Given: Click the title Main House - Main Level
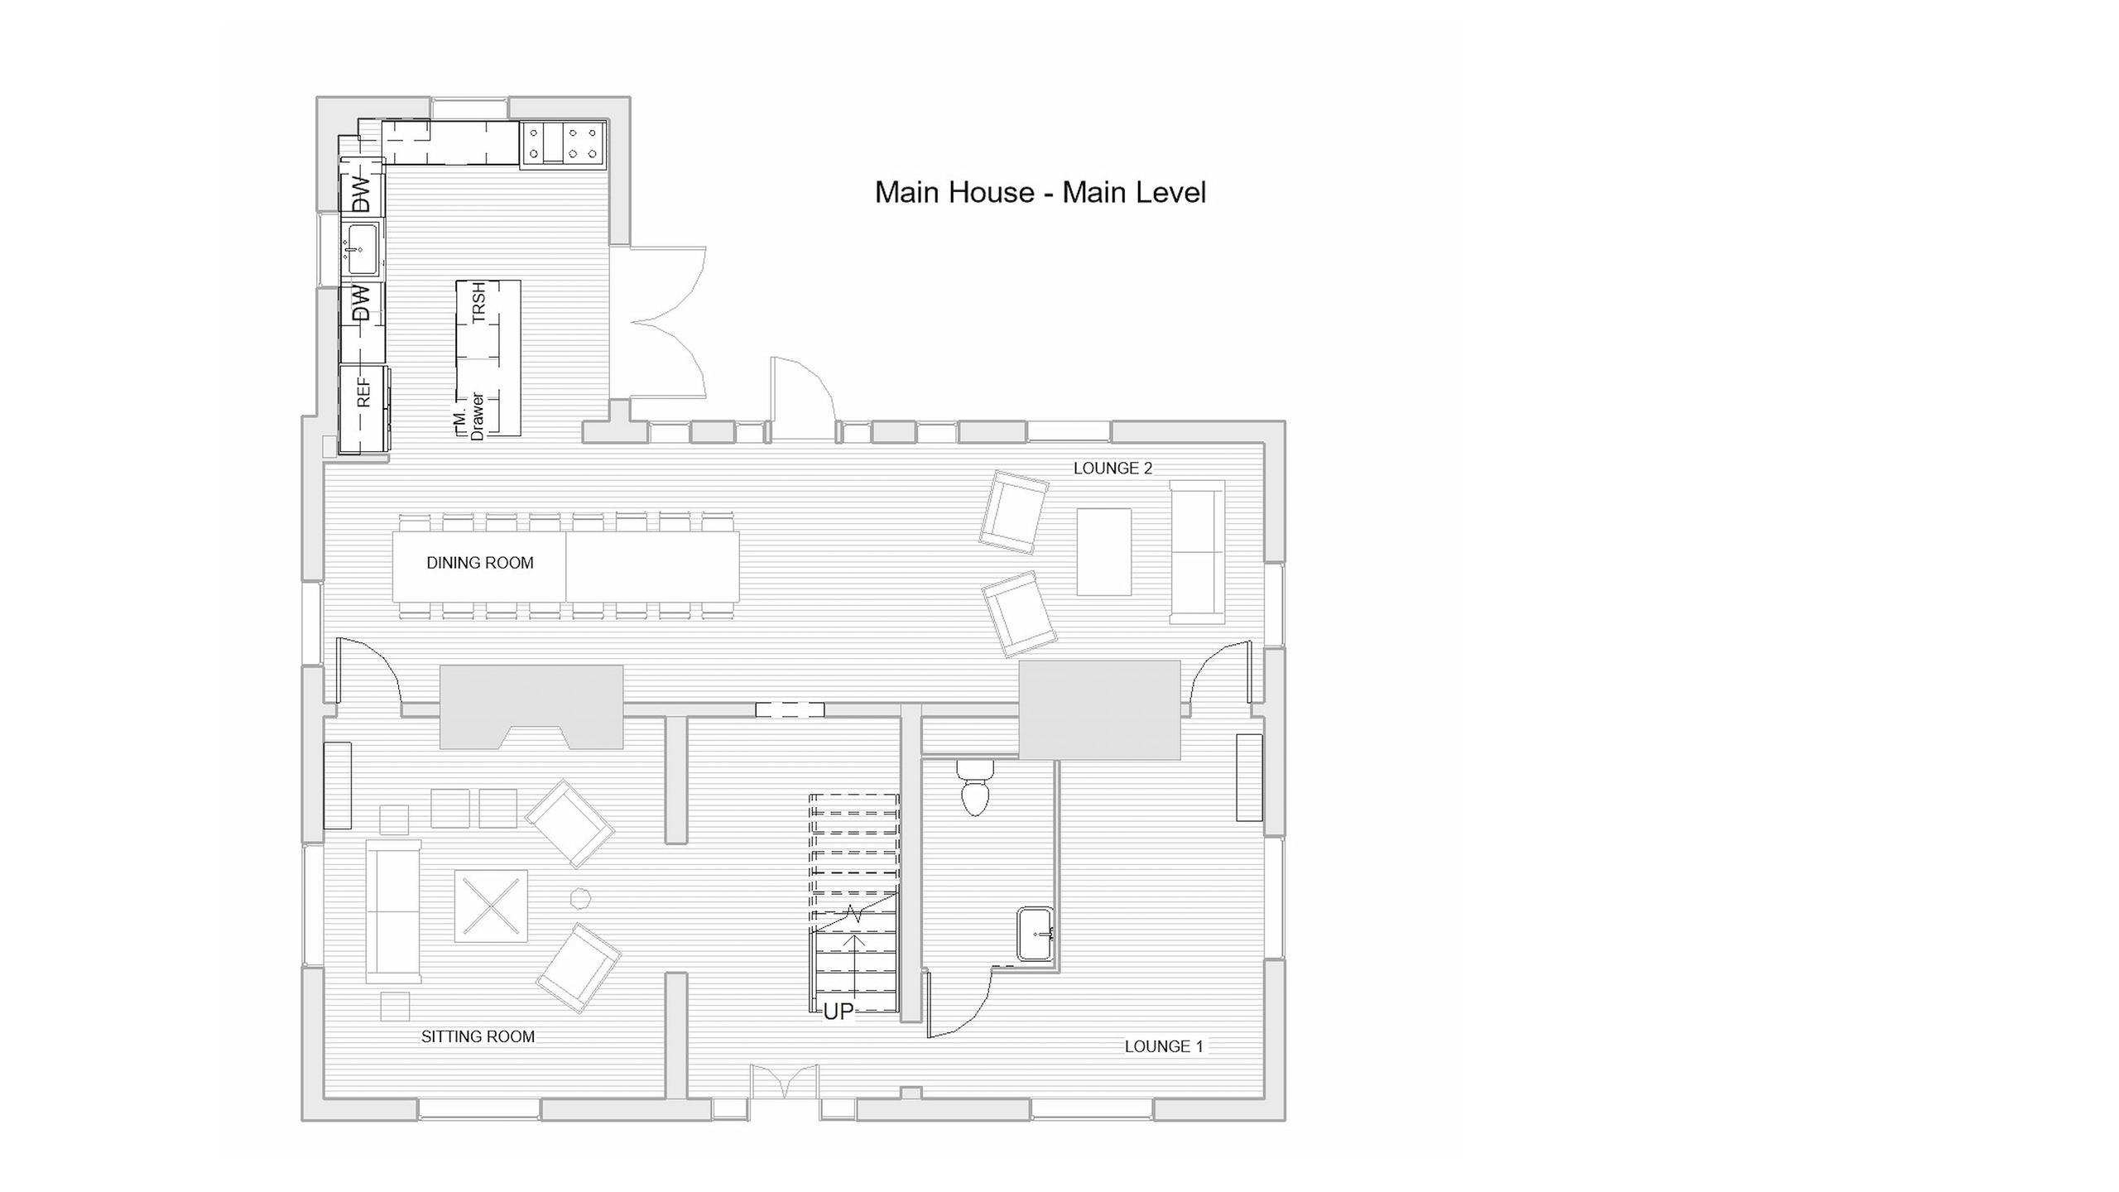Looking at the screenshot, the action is [x=1040, y=193].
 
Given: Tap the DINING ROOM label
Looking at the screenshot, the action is [x=480, y=563].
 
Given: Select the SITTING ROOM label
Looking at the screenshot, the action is [x=478, y=1036].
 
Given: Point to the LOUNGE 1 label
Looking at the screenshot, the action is [x=1163, y=1046].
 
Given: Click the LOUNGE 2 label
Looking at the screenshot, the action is [x=1112, y=469].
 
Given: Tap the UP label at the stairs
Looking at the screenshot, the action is [x=838, y=1012].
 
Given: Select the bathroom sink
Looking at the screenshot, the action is [x=1035, y=934].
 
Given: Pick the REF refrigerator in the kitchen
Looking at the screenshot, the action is [x=364, y=410].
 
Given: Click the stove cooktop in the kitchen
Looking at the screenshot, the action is [x=564, y=144].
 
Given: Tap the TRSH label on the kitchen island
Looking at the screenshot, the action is [x=478, y=302].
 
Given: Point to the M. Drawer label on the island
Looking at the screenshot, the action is [x=469, y=415].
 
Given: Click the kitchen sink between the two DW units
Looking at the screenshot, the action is [x=362, y=248].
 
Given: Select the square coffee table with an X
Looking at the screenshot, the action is [x=491, y=906].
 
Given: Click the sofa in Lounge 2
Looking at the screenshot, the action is [x=1197, y=552].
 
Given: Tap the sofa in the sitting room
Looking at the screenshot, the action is [x=394, y=912].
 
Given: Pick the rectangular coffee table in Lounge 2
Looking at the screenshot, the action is [x=1104, y=552].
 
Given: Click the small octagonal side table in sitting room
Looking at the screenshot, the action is [x=580, y=898].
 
